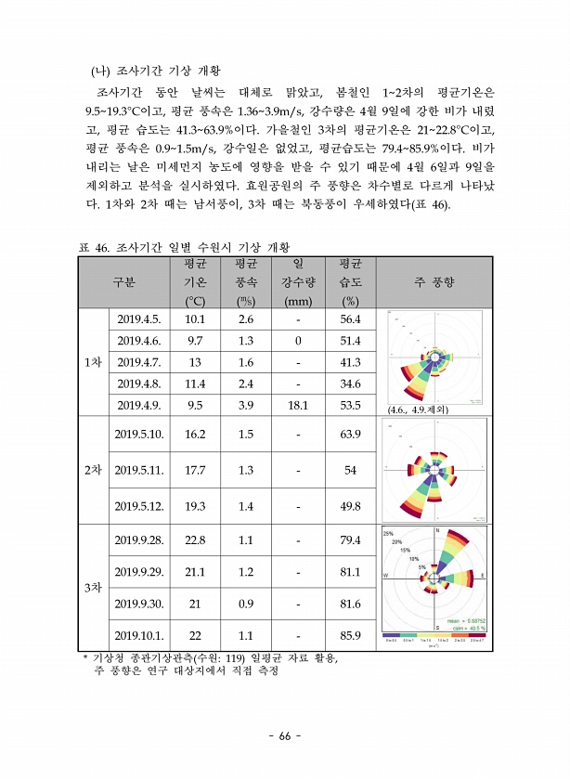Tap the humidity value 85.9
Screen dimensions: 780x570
coord(350,636)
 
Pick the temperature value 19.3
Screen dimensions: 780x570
coord(195,506)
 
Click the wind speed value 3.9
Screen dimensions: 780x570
coord(246,405)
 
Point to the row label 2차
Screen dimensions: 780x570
coord(93,471)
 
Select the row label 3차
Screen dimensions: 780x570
coord(93,588)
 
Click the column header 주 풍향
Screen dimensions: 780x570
coord(433,281)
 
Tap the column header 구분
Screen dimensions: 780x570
coord(123,281)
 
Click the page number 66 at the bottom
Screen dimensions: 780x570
coord(285,736)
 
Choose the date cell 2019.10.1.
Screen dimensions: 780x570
coord(139,636)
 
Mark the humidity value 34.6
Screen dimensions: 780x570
coord(350,383)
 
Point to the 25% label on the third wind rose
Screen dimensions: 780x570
coord(389,534)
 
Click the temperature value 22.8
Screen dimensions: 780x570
coord(195,540)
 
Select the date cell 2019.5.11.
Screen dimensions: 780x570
coord(139,471)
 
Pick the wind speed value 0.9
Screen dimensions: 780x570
coord(246,604)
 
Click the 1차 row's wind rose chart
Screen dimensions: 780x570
coord(433,357)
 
